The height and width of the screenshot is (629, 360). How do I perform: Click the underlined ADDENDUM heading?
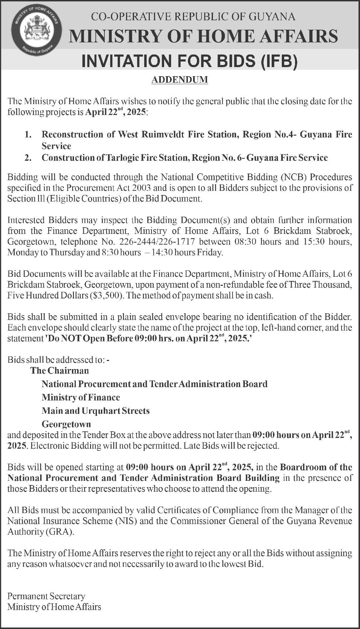click(x=180, y=80)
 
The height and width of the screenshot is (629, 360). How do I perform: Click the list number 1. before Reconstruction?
click(x=29, y=135)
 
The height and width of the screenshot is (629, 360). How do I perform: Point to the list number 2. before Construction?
click(x=29, y=158)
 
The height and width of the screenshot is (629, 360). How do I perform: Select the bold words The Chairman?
click(x=59, y=370)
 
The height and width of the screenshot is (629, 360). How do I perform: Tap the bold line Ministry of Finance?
click(x=81, y=397)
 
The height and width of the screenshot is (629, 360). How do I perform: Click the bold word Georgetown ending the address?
click(x=66, y=424)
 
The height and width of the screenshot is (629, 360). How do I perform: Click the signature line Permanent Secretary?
click(x=46, y=596)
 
